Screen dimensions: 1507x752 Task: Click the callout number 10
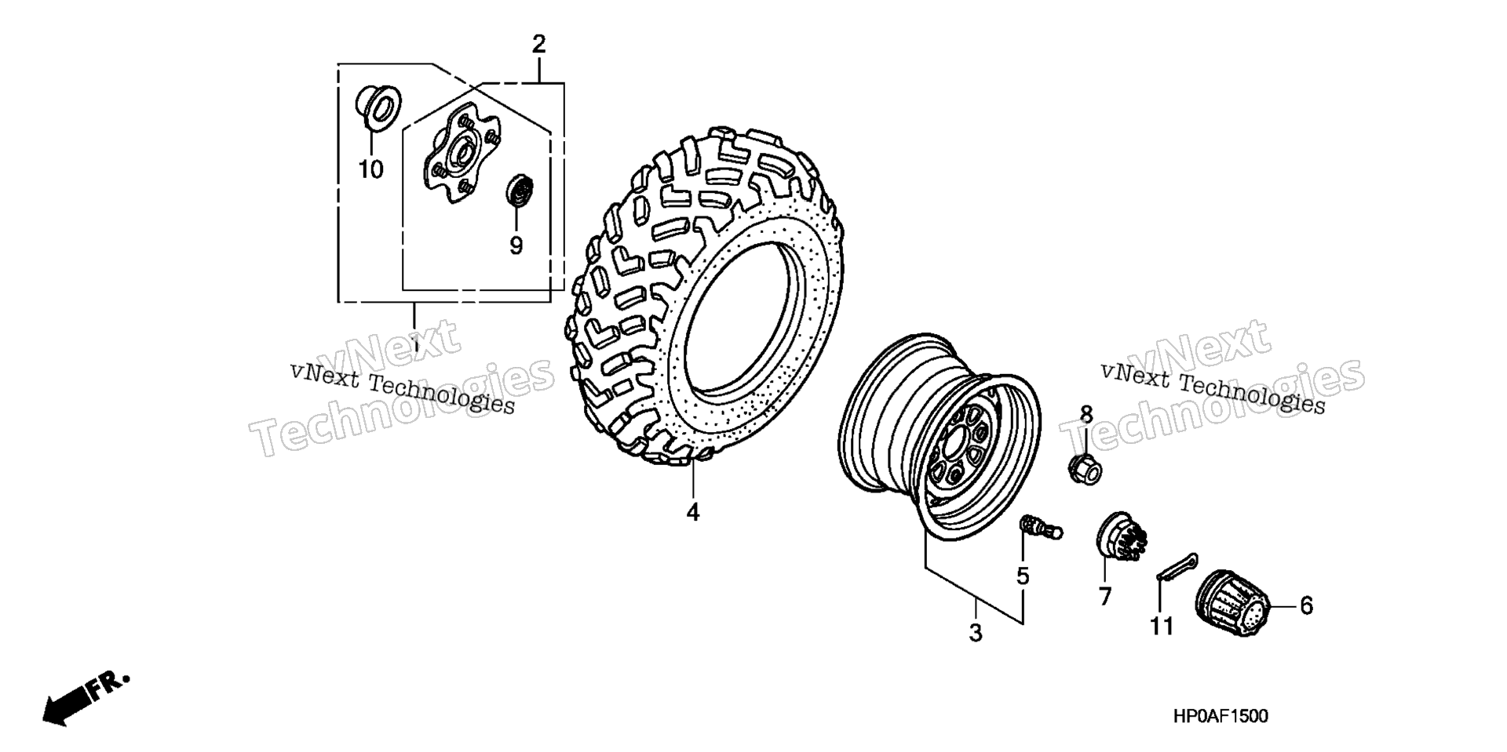[x=371, y=169]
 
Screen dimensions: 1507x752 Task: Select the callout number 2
[x=538, y=45]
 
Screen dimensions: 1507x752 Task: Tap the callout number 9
[x=516, y=246]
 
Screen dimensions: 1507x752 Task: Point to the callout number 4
[x=692, y=512]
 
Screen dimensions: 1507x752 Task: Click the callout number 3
[x=975, y=632]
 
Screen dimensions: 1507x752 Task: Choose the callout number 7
[x=1105, y=597]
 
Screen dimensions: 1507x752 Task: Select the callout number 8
[x=1086, y=414]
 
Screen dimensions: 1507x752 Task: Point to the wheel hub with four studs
[x=461, y=154]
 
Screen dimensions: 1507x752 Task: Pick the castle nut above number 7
[x=1122, y=536]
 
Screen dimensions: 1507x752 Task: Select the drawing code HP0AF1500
[x=1221, y=716]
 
